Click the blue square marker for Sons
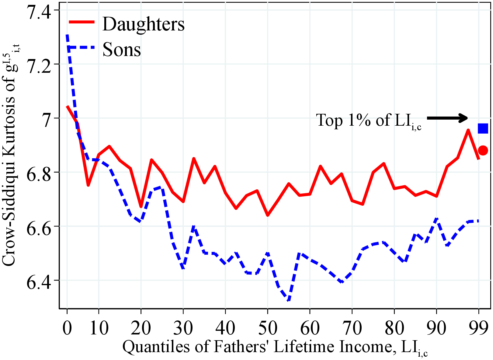coord(483,128)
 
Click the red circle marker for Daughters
coord(483,150)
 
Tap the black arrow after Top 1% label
coord(447,118)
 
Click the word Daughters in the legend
coord(143,24)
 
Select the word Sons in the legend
coord(122,50)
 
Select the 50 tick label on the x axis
coord(267,328)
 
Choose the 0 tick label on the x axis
coord(67,328)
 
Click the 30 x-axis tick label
coord(183,328)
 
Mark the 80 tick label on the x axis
coord(394,328)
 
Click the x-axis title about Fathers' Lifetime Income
coord(275,347)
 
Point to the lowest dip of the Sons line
coord(289,300)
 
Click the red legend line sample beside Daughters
coord(82,22)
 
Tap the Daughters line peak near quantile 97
coord(468,130)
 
